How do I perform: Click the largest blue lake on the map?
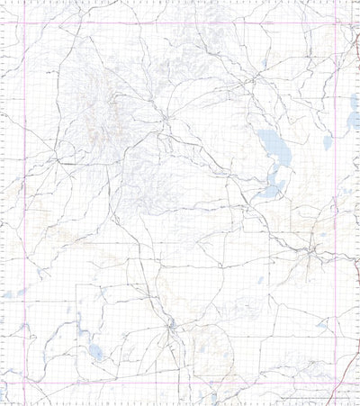click(x=269, y=141)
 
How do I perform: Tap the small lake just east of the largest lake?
click(x=328, y=141)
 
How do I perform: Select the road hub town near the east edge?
click(x=310, y=252)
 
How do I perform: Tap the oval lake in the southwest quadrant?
click(x=95, y=352)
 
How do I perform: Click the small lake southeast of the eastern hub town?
click(x=321, y=325)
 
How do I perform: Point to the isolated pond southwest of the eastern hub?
click(x=260, y=280)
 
